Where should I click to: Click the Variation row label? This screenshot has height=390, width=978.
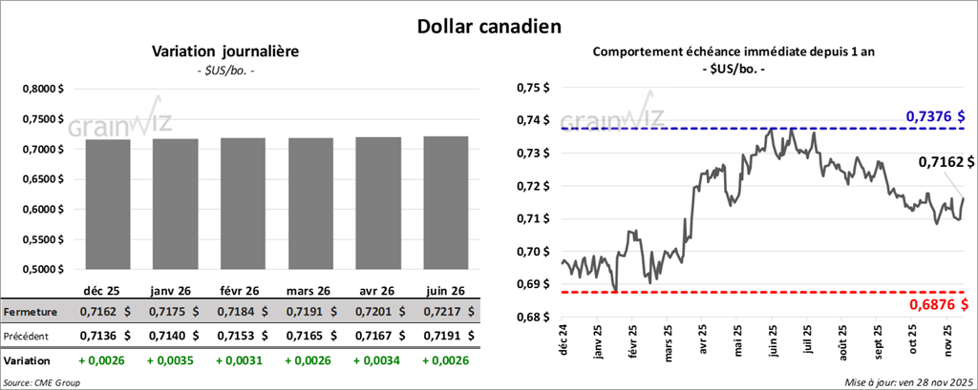click(28, 361)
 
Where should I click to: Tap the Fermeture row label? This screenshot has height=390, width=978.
click(31, 311)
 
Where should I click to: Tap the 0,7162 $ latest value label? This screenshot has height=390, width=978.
click(946, 163)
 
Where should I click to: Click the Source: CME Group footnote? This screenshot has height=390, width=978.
click(42, 381)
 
